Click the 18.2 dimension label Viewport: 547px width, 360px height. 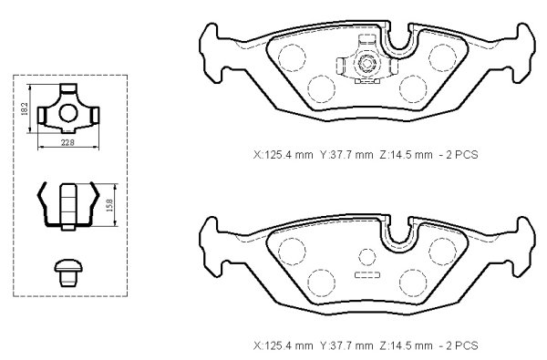[x=24, y=108]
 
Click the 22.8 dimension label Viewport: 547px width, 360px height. [x=67, y=142]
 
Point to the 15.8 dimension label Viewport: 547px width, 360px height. [x=109, y=205]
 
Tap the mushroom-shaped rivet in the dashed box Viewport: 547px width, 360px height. [x=68, y=273]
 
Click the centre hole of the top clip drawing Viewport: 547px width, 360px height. [x=68, y=112]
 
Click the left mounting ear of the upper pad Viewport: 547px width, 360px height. [x=212, y=53]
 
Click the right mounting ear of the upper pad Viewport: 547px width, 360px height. [x=523, y=53]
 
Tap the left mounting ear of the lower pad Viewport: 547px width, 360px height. [x=212, y=247]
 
